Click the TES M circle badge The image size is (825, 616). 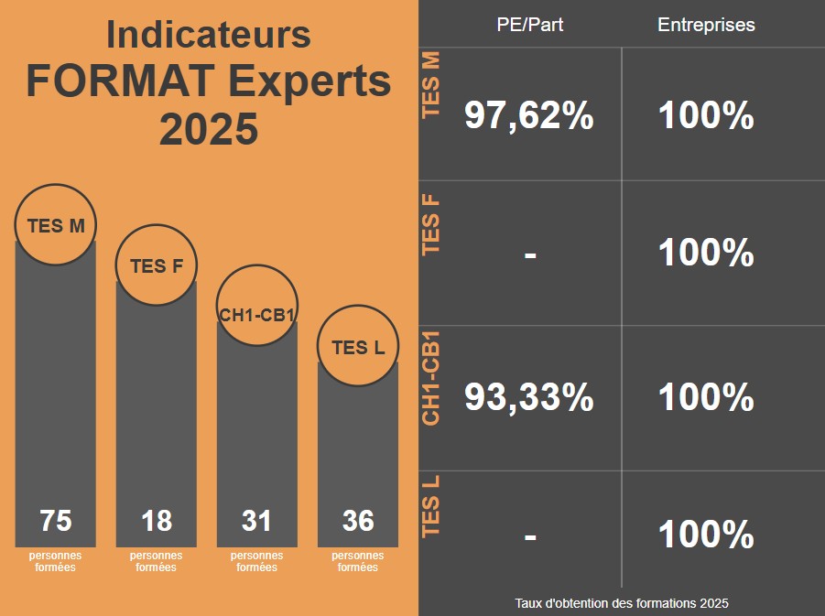point(56,225)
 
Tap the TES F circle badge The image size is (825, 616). point(157,266)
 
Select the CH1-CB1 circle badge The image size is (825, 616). point(257,306)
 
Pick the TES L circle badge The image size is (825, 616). point(358,347)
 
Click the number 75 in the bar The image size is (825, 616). point(56,521)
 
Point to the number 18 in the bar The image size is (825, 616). point(157,521)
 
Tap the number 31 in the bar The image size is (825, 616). point(257,521)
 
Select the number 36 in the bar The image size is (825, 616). point(358,521)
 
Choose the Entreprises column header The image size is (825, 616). point(706,25)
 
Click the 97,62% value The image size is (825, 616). point(529,116)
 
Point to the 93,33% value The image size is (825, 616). point(529,397)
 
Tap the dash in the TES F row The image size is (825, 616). point(530,254)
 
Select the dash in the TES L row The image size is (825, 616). point(530,535)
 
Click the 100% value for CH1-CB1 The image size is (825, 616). point(706,397)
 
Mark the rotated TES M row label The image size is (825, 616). point(431,85)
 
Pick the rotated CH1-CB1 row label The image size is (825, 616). point(431,384)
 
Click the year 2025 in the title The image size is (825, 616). point(209,129)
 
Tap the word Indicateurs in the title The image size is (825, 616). point(209,35)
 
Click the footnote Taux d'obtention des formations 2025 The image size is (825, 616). point(622,603)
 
